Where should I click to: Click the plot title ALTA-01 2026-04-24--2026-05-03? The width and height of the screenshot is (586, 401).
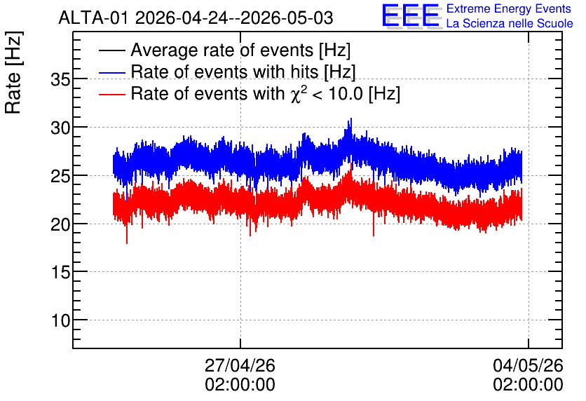(196, 18)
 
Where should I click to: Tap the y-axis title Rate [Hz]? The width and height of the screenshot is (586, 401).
(13, 72)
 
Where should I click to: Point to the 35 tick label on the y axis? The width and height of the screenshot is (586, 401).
(60, 80)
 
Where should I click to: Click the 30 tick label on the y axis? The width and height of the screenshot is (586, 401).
(60, 128)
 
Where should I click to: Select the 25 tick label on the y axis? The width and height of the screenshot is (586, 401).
(60, 176)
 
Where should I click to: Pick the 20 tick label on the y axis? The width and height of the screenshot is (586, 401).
(60, 224)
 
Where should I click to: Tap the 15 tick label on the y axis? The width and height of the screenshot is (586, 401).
(60, 273)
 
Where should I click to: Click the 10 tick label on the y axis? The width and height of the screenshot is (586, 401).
(60, 320)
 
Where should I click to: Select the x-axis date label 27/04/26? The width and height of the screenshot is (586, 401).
(240, 365)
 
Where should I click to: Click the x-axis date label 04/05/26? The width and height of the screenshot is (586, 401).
(528, 365)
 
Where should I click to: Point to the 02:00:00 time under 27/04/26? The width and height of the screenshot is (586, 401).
(240, 385)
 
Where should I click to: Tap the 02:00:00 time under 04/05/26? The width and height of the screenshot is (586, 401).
(528, 385)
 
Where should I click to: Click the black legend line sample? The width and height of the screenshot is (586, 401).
(112, 50)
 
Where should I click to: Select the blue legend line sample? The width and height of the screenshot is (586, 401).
(112, 72)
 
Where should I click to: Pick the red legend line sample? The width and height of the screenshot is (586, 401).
(112, 94)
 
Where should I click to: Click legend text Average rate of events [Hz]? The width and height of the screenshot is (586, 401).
(240, 50)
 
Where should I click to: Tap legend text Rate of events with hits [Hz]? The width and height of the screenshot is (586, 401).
(243, 72)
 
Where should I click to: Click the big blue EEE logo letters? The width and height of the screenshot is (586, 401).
(411, 15)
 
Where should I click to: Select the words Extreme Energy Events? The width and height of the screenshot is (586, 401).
(509, 8)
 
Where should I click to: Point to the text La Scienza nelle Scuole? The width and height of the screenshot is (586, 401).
(510, 24)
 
